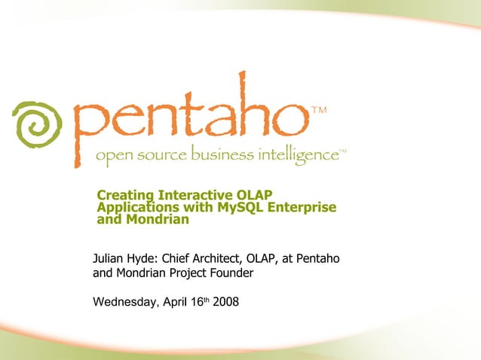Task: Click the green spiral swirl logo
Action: (36, 124)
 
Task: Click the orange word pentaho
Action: (188, 121)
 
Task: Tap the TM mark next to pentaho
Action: (319, 111)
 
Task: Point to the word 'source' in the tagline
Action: (157, 156)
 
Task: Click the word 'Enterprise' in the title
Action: (305, 208)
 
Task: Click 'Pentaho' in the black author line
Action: (318, 259)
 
